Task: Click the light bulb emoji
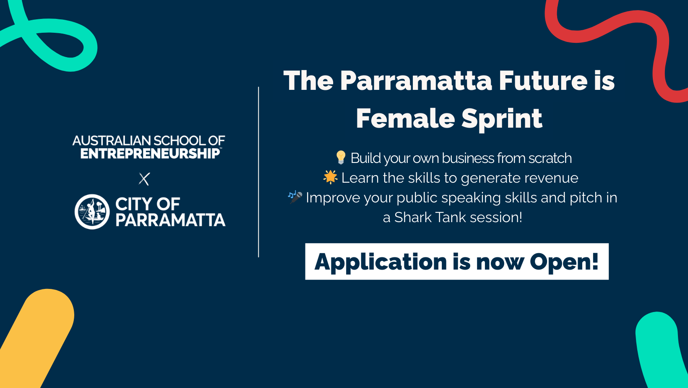point(341,157)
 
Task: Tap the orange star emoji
point(331,177)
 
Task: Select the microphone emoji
point(295,197)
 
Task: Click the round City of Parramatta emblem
point(92,212)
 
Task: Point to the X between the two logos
point(144,179)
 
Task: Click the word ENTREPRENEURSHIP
point(150,153)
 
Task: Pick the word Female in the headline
point(405,118)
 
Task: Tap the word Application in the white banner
point(380,262)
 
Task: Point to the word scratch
point(550,158)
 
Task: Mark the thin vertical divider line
point(258,172)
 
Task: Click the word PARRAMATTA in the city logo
point(170,220)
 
